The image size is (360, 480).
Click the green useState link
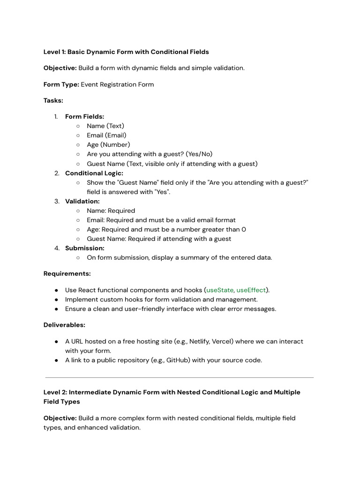tap(220, 290)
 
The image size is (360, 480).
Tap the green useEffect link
tap(251, 290)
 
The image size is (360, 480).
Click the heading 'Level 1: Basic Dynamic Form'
tap(126, 52)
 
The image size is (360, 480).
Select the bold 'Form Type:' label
tap(61, 84)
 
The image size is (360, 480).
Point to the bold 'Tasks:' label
tap(53, 100)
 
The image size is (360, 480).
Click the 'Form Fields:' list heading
tap(84, 117)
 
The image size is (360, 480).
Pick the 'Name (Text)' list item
tap(105, 126)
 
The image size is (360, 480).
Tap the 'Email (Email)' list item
tap(106, 135)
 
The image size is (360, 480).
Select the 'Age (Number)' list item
tap(108, 145)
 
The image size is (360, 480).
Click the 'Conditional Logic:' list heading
tap(94, 173)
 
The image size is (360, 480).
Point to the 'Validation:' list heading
tap(82, 201)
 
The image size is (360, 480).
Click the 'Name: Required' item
tap(111, 210)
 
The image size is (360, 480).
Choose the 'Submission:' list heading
tap(84, 248)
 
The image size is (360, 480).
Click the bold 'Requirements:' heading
tap(67, 273)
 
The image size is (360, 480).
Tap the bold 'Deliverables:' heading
tap(64, 325)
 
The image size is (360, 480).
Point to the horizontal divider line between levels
tap(180, 377)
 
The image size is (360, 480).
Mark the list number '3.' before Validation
tap(57, 201)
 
